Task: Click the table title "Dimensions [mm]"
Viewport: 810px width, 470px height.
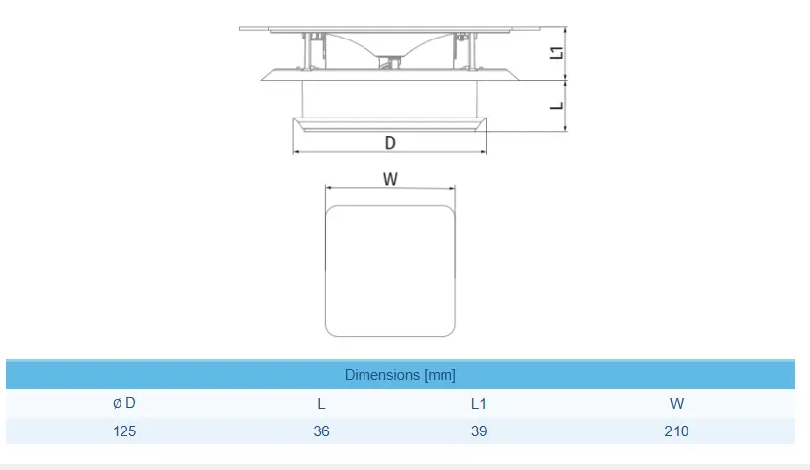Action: pos(400,375)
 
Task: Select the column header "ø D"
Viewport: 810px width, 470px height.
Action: pos(124,403)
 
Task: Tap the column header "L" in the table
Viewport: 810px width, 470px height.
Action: pos(322,403)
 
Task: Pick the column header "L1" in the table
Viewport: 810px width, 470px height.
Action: pos(479,403)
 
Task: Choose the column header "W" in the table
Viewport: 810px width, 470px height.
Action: pos(677,403)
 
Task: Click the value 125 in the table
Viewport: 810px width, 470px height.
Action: pos(124,431)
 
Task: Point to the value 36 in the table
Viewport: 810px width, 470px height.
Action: pos(322,431)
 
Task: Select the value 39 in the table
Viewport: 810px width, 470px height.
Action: pos(479,431)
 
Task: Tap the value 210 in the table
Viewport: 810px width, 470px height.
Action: pos(677,431)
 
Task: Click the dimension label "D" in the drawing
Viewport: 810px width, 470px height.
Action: pos(390,143)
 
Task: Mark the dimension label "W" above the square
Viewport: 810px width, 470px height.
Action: pos(390,179)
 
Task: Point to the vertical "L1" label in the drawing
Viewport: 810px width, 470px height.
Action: pos(556,53)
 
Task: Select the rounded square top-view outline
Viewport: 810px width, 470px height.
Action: pos(390,270)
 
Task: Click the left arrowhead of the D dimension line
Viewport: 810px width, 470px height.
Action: pos(296,152)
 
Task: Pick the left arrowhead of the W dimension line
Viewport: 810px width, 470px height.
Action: pos(329,189)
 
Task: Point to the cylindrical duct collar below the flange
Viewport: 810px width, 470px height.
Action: pos(390,100)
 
